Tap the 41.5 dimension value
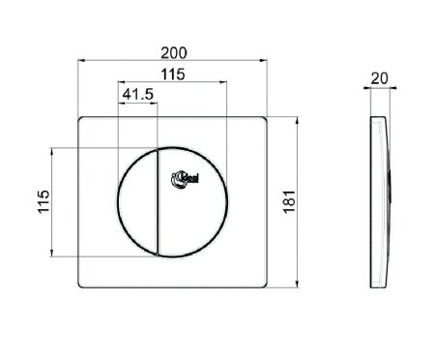[136, 94]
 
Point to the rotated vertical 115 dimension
[43, 202]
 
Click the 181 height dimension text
[289, 202]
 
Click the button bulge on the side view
[389, 184]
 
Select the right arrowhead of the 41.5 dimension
[154, 104]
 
